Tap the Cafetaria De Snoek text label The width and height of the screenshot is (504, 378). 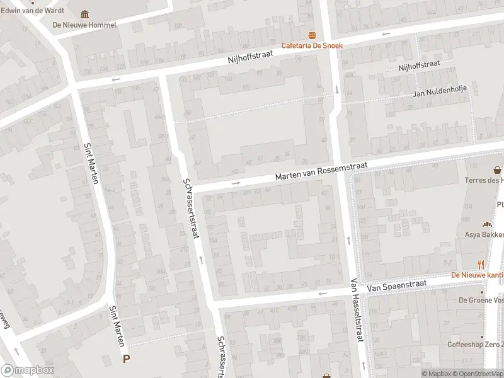click(311, 45)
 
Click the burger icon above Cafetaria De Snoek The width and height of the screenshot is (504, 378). click(311, 35)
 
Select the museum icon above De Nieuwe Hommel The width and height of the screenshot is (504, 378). click(85, 14)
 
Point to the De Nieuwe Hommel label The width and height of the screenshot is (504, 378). click(85, 25)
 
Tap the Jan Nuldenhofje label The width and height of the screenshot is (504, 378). click(440, 93)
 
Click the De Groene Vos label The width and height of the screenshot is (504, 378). click(481, 301)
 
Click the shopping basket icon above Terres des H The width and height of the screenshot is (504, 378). click(498, 169)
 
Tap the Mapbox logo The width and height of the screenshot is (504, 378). click(28, 370)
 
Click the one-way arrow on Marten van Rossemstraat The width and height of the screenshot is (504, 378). click(236, 183)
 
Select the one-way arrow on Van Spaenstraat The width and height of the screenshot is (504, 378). click(323, 294)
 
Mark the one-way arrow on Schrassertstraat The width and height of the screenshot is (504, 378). click(201, 259)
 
